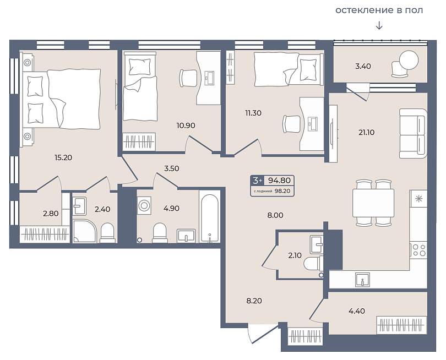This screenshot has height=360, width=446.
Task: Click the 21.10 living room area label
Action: coord(366,132)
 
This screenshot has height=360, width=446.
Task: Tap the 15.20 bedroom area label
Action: coord(63,157)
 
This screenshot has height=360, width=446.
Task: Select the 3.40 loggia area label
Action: coord(363,66)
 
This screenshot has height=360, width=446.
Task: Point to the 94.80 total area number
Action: coord(279,181)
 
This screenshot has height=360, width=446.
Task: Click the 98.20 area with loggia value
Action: coord(282,191)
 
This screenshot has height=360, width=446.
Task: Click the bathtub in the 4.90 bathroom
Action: coord(209,217)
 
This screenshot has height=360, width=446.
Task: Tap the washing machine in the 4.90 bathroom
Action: coord(144,205)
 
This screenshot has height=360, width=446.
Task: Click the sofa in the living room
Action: coord(414,133)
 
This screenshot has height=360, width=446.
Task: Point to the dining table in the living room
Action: coord(373,203)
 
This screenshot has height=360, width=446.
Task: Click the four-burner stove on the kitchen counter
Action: coord(418,250)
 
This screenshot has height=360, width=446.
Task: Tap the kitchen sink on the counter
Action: coord(363,280)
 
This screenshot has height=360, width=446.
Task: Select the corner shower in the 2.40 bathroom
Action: coord(85,231)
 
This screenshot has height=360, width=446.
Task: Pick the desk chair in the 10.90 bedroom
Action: coord(188,78)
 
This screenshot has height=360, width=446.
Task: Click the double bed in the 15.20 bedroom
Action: coord(62,99)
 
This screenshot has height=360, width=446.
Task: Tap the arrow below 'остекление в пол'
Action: coord(379,25)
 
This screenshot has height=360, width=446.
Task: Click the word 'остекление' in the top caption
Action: coord(365,10)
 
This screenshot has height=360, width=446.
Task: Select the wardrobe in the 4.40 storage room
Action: coord(401,325)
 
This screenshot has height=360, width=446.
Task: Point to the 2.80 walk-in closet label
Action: coord(51,214)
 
